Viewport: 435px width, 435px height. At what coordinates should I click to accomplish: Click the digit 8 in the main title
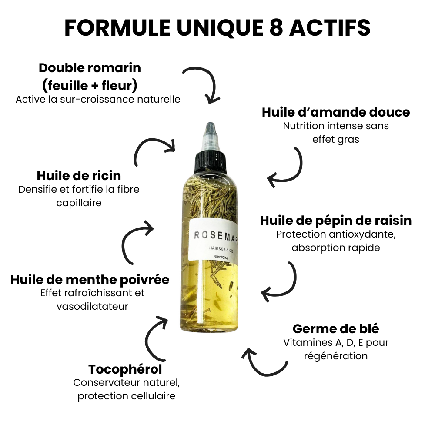tap(276, 27)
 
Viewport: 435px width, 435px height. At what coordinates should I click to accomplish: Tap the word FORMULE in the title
tap(117, 27)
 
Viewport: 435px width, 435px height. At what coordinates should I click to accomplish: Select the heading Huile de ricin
tap(79, 176)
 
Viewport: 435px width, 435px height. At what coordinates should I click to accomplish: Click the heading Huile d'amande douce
tap(336, 112)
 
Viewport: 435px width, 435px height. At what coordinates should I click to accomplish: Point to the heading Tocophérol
tap(125, 369)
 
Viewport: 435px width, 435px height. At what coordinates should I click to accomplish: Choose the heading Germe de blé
tap(336, 329)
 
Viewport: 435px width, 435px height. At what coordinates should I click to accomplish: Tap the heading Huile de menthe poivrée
tap(90, 280)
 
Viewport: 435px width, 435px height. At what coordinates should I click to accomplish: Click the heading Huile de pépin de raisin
tap(336, 221)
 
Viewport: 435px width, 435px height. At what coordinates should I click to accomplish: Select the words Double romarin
tap(90, 68)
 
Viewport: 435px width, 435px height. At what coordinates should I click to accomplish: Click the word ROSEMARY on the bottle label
tap(216, 236)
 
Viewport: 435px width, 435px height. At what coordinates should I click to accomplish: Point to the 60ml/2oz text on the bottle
tap(221, 257)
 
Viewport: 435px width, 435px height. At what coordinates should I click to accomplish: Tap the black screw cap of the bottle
tap(210, 162)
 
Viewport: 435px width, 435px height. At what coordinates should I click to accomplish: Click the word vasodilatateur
tap(92, 307)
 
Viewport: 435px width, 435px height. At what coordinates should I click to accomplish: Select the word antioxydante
tap(362, 235)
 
